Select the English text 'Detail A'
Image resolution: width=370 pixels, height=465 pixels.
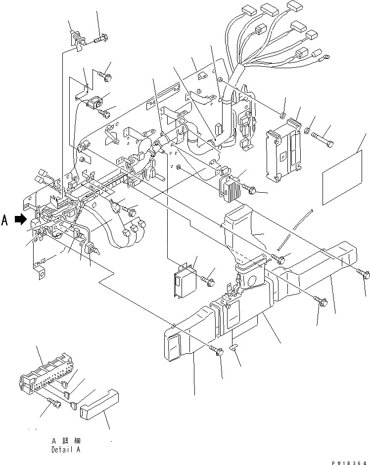(x=64, y=450)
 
